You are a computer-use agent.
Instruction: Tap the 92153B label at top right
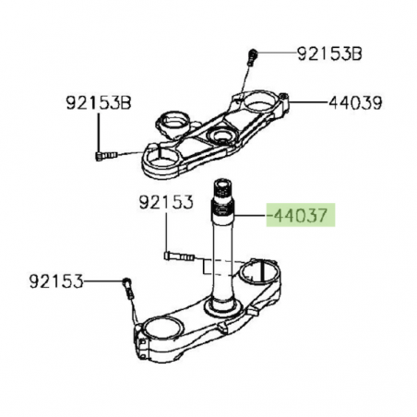(x=328, y=54)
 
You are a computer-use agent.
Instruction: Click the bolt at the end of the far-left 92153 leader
(x=129, y=286)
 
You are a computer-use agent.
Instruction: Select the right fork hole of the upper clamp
(x=258, y=102)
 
